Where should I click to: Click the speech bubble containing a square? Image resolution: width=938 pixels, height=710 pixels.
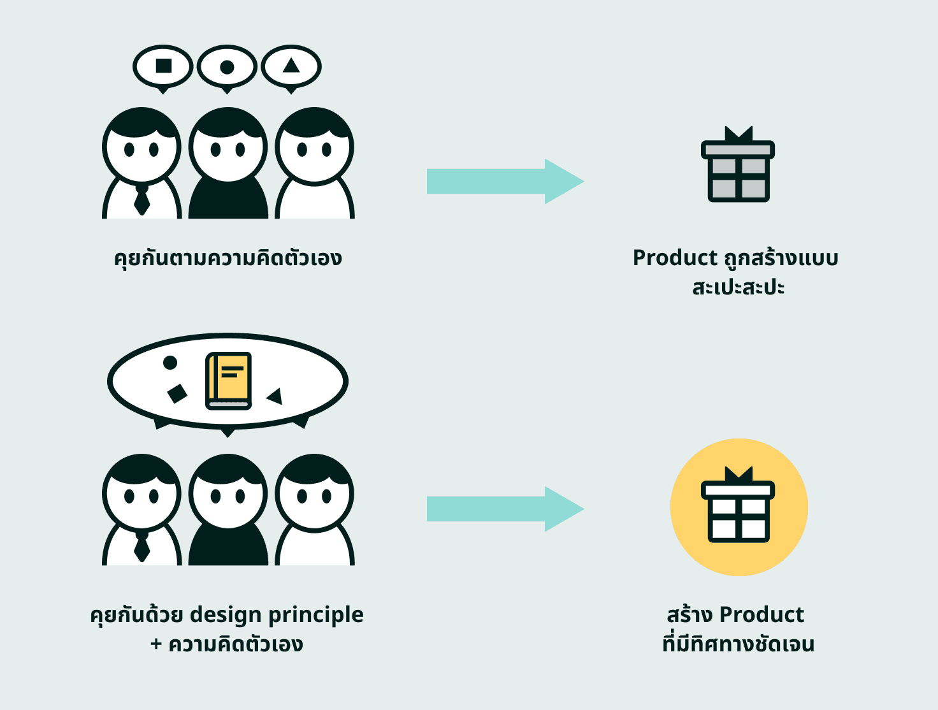click(x=163, y=66)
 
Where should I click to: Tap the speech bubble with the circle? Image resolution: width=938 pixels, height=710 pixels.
click(x=227, y=66)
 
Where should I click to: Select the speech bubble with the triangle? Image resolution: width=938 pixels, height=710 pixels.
click(x=291, y=66)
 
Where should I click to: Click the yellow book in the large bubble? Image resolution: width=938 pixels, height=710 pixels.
click(x=228, y=380)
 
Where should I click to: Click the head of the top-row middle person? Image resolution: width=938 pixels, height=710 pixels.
click(x=227, y=145)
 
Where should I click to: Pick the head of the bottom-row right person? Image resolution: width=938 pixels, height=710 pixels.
click(x=314, y=492)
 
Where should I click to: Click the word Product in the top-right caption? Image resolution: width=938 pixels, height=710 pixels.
click(x=675, y=258)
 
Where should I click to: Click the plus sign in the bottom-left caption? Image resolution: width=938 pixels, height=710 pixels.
click(x=156, y=644)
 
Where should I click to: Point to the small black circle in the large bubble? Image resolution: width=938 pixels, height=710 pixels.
click(x=170, y=363)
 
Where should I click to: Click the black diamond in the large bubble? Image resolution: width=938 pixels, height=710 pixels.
click(x=177, y=393)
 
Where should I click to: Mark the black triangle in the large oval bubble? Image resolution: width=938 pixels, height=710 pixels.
click(x=275, y=396)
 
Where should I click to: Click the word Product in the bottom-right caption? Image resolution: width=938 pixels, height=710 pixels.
click(x=761, y=615)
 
